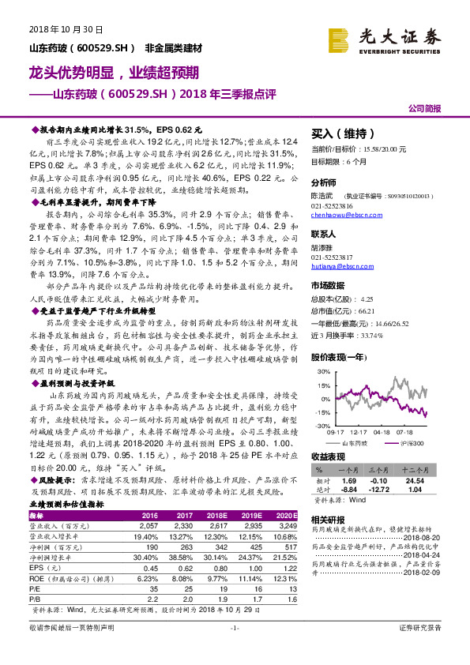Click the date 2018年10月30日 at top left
coord(55,30)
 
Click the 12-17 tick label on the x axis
coord(359,431)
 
